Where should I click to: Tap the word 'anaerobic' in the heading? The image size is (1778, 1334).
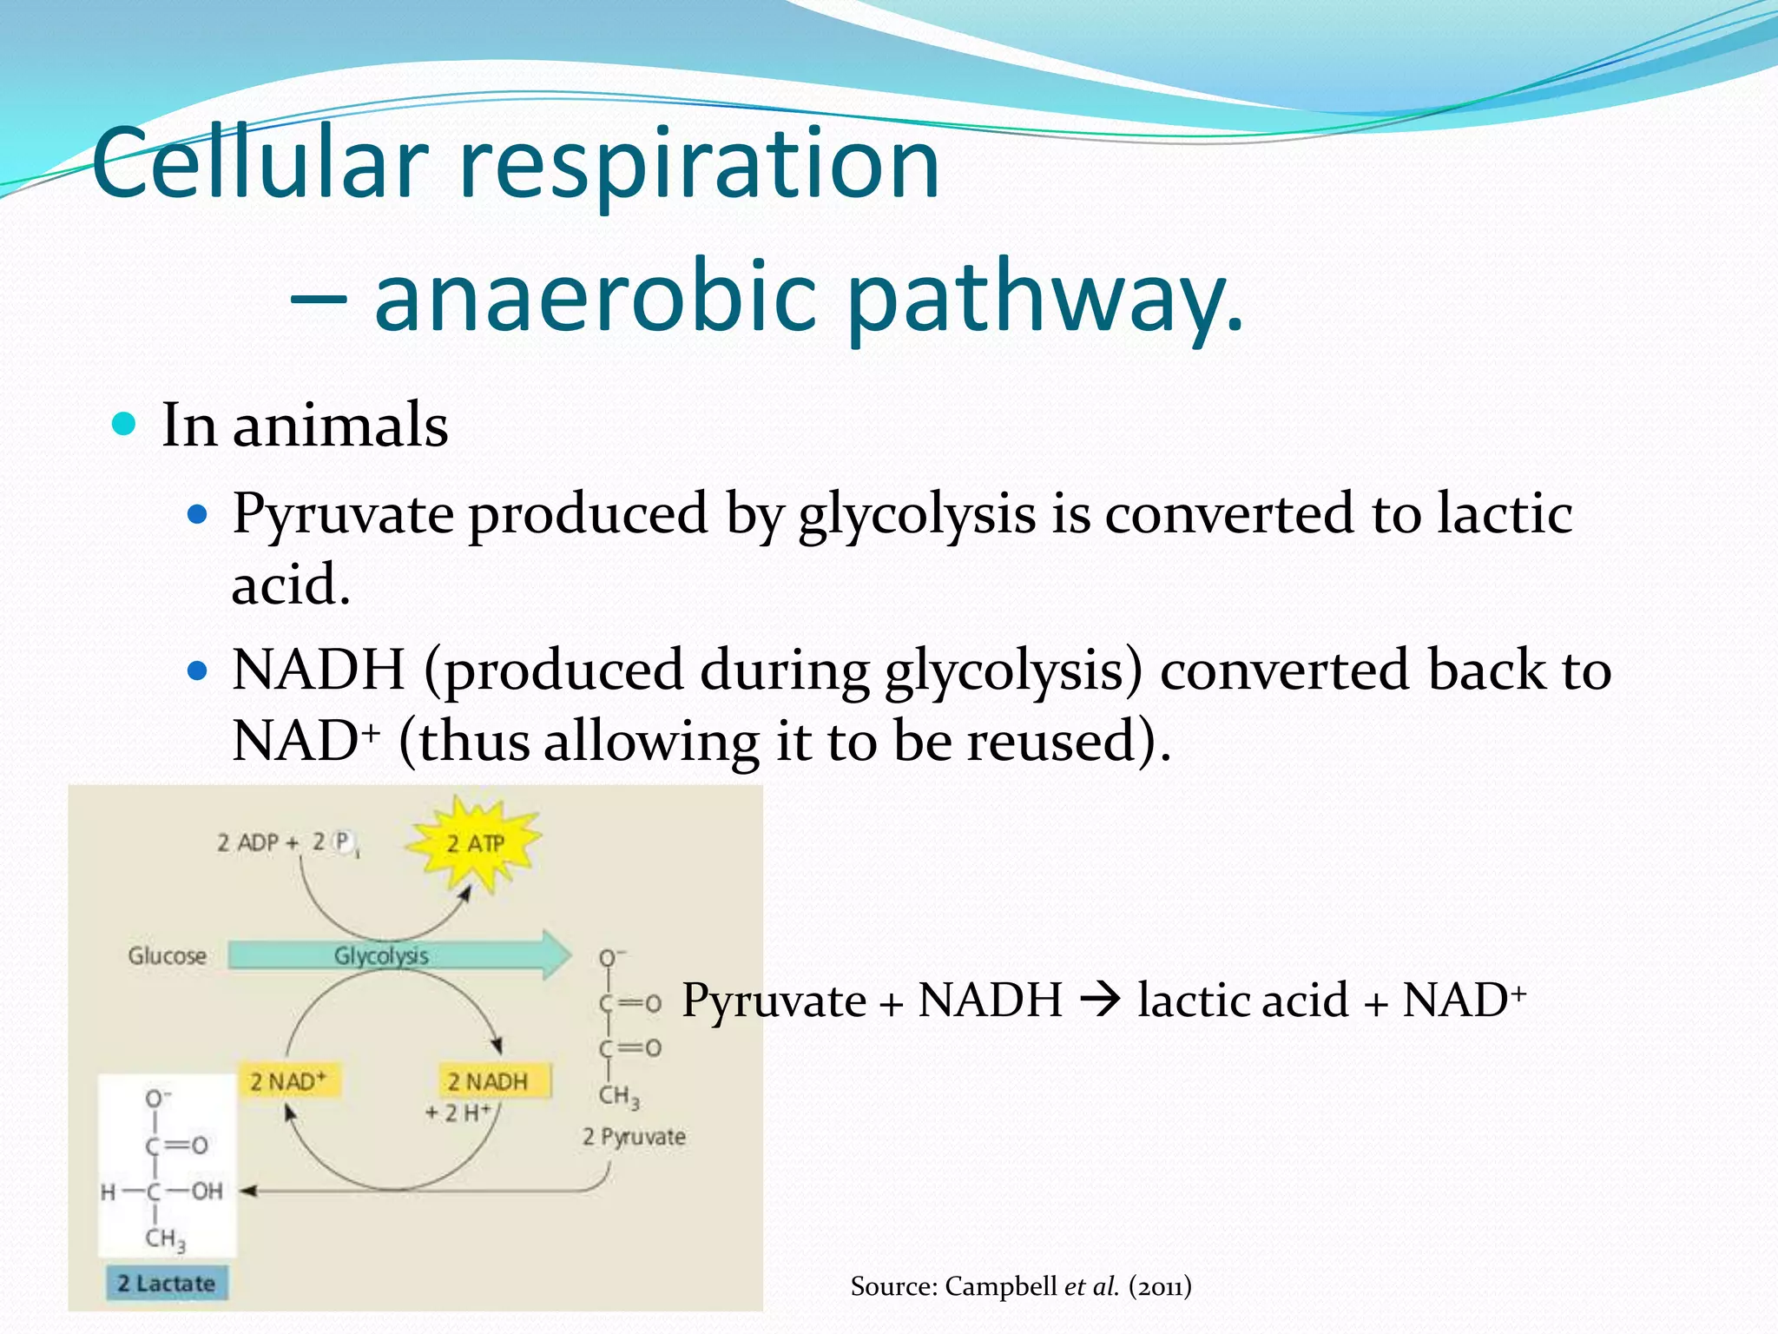pos(596,297)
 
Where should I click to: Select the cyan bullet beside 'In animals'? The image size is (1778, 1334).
pos(125,425)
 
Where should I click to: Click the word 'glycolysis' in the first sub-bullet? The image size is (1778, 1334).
pos(917,514)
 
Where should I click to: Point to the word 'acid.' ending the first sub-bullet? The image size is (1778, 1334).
pos(291,584)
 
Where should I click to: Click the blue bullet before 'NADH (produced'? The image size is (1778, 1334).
pos(199,671)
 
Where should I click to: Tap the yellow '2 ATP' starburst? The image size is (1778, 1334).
pos(475,843)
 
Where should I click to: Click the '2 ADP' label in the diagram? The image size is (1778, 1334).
pos(247,842)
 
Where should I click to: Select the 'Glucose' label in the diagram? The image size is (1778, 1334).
pos(167,956)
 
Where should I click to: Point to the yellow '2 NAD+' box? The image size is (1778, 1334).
pos(288,1081)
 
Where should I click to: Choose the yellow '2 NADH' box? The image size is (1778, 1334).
pos(490,1081)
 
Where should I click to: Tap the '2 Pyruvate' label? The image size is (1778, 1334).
pos(634,1137)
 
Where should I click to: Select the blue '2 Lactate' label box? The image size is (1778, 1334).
pos(167,1284)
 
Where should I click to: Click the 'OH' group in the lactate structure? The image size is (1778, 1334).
pos(207,1192)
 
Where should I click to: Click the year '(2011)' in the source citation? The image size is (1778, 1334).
pos(1160,1286)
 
